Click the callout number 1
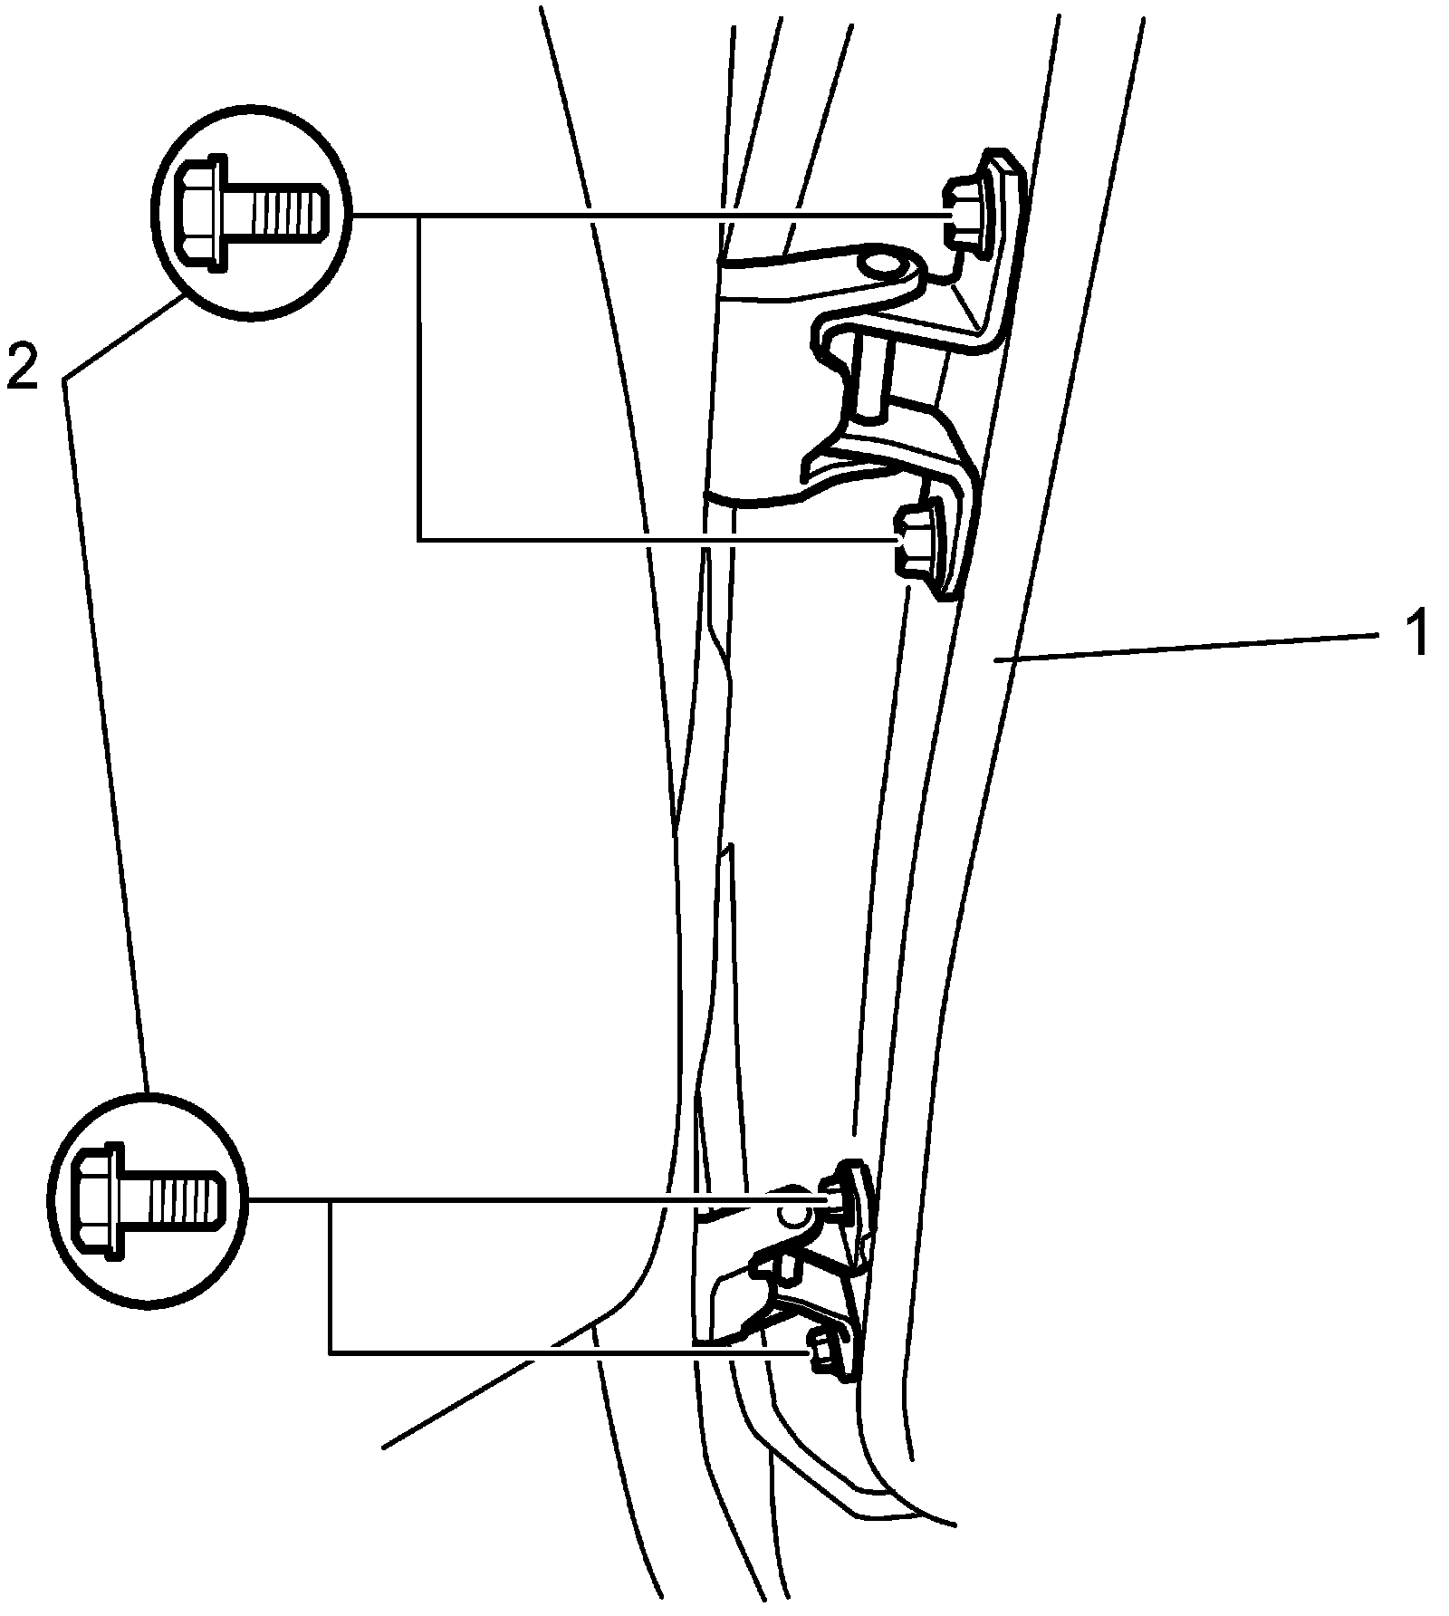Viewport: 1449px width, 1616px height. click(x=1415, y=633)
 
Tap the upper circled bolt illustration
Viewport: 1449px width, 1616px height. click(x=252, y=214)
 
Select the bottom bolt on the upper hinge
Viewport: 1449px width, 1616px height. click(x=913, y=543)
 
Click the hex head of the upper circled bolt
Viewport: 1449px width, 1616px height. click(x=198, y=214)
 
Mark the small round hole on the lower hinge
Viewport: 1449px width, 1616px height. click(x=794, y=1217)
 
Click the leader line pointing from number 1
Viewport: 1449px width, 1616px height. click(x=1177, y=649)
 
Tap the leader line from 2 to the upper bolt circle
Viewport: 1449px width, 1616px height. click(x=122, y=337)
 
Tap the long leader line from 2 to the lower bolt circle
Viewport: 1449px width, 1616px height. click(x=104, y=725)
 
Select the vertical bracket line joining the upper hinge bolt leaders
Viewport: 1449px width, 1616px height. click(x=419, y=380)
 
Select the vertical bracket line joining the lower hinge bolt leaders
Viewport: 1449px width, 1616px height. click(x=331, y=1277)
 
